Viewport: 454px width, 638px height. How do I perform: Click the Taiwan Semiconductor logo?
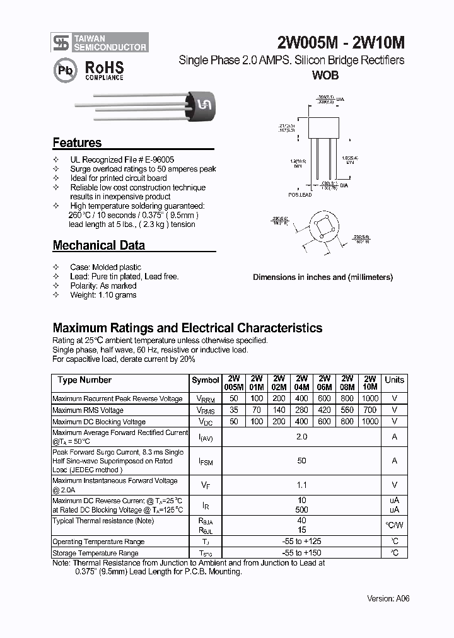[100, 42]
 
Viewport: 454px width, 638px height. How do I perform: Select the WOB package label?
[325, 75]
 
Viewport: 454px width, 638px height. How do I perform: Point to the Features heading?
[77, 142]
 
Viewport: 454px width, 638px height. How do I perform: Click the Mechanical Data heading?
[98, 245]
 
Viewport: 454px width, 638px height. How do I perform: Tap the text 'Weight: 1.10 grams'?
[103, 294]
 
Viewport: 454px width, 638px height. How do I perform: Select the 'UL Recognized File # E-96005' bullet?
[122, 160]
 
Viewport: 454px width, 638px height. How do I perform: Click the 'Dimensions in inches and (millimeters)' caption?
[322, 277]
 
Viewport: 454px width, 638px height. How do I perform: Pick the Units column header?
[394, 380]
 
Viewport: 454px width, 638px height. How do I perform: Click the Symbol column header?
[206, 381]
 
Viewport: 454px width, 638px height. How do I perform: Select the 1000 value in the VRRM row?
[370, 398]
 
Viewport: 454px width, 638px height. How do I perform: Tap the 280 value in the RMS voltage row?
[301, 410]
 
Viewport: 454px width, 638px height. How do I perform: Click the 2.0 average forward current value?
[301, 436]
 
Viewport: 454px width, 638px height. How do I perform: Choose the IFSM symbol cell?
[206, 461]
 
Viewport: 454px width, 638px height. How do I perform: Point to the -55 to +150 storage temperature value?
[301, 553]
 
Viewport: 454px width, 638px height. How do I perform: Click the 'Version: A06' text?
[388, 598]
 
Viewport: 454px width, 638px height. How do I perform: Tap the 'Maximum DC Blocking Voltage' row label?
[99, 422]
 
